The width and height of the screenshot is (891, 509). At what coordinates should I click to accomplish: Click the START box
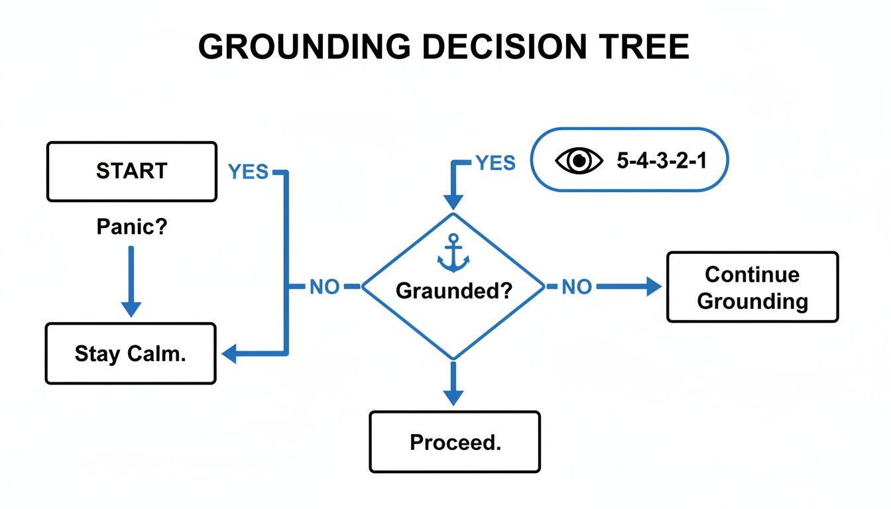coord(131,171)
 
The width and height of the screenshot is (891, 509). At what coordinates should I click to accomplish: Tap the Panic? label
coord(131,227)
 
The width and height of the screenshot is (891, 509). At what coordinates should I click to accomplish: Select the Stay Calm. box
coord(131,353)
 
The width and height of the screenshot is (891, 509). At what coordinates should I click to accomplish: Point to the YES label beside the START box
coord(248,172)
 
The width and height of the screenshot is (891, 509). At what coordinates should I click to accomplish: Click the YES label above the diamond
coord(495,162)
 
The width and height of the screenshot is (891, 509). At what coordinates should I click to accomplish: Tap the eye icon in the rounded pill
coord(579,161)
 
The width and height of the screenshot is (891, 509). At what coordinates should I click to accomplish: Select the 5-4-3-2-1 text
coord(662,161)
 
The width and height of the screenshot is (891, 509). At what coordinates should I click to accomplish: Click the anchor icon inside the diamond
coord(453,253)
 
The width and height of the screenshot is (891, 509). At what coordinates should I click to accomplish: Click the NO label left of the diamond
coord(325,287)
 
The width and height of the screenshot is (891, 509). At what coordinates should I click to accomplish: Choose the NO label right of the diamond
coord(577,287)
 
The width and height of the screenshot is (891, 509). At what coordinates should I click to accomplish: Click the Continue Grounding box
coord(752,287)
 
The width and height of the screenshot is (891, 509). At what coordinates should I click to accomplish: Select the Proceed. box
coord(455,442)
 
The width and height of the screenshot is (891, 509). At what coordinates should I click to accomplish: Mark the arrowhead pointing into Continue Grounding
coord(654,287)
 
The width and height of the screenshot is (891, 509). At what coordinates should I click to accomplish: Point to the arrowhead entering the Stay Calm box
coord(229,355)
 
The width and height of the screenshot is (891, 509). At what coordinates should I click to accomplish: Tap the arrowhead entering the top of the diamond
coord(453,201)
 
